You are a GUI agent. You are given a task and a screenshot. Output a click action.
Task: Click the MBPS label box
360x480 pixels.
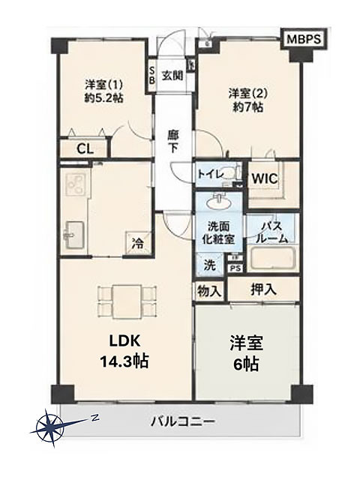pyautogui.click(x=304, y=39)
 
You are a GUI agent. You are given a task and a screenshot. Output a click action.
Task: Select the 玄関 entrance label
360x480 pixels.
pyautogui.click(x=172, y=76)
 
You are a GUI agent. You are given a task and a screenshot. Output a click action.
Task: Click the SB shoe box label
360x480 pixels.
pyautogui.click(x=151, y=75)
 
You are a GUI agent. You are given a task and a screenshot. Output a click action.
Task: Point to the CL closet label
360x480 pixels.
pyautogui.click(x=85, y=149)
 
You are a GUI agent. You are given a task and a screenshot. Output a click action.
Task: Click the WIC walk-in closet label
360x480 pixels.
pyautogui.click(x=265, y=178)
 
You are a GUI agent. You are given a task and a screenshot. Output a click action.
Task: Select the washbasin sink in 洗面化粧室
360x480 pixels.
pyautogui.click(x=218, y=202)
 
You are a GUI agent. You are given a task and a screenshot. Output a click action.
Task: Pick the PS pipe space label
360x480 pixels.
pyautogui.click(x=235, y=268)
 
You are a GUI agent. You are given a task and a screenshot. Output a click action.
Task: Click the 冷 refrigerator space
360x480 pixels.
pyautogui.click(x=137, y=243)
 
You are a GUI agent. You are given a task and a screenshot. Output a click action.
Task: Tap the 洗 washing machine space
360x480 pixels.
pyautogui.click(x=210, y=265)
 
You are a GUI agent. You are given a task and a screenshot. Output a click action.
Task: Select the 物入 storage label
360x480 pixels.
pyautogui.click(x=209, y=291)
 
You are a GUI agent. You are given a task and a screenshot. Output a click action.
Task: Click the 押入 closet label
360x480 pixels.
pyautogui.click(x=263, y=289)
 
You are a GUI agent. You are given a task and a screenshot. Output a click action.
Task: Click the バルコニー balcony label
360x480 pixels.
pyautogui.click(x=182, y=422)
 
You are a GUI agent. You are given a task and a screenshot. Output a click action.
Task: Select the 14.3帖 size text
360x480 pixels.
pyautogui.click(x=125, y=361)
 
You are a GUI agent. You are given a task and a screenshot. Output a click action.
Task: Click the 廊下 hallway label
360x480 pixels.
pyautogui.click(x=173, y=142)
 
